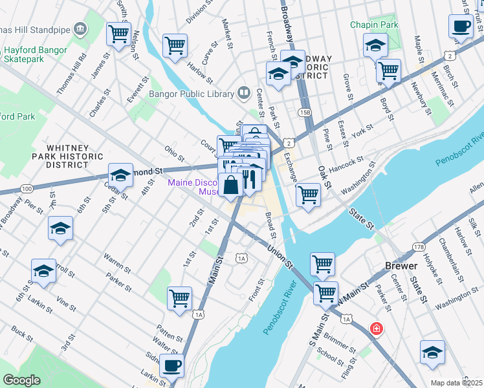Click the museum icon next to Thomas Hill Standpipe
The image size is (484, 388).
click(80, 28)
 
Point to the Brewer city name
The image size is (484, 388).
click(402, 266)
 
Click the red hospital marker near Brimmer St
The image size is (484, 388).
click(375, 330)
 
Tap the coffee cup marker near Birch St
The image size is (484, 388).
click(460, 27)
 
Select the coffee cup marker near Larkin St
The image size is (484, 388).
click(171, 365)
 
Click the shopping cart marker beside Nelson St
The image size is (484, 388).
click(118, 34)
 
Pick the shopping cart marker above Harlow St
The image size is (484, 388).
click(175, 46)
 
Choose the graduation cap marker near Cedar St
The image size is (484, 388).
click(120, 175)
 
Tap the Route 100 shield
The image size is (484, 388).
click(27, 189)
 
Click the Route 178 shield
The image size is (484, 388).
click(418, 246)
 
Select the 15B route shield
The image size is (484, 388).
click(304, 113)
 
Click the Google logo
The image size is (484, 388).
click(21, 380)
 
